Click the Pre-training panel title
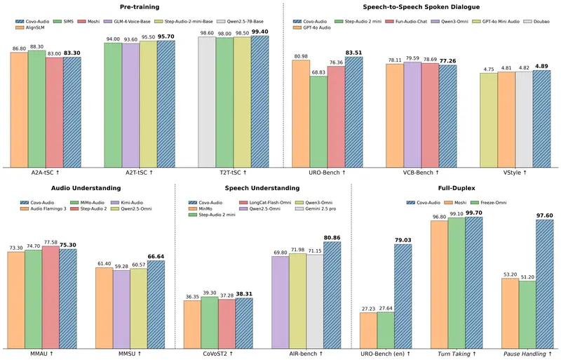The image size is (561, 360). click(140, 7)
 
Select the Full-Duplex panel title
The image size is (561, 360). click(457, 188)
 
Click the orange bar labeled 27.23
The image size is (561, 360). click(369, 331)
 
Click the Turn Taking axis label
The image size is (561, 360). click(457, 354)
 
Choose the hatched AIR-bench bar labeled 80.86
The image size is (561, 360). click(332, 295)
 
